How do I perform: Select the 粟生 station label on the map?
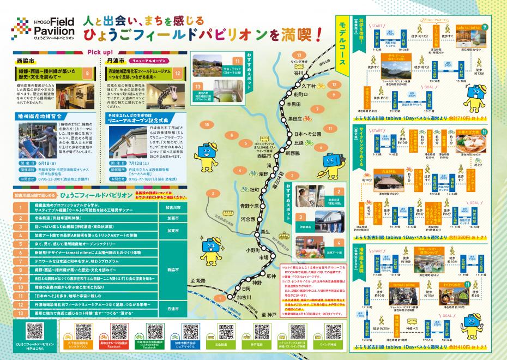coord(265,231)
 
